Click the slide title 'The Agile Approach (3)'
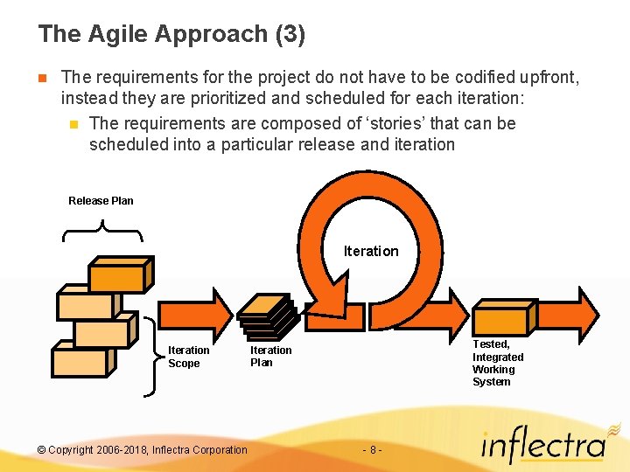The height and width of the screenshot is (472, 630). click(x=171, y=34)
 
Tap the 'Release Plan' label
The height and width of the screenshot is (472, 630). click(x=101, y=201)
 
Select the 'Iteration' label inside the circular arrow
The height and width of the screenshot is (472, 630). click(x=370, y=252)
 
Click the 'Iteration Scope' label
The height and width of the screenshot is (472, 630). click(x=188, y=357)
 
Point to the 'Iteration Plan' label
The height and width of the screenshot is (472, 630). click(x=270, y=356)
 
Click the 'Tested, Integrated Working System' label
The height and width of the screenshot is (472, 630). click(x=498, y=363)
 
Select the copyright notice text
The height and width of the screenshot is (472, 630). click(x=143, y=450)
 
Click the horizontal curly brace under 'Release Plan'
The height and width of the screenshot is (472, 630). click(x=102, y=232)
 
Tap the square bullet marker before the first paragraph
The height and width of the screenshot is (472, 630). click(x=42, y=78)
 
